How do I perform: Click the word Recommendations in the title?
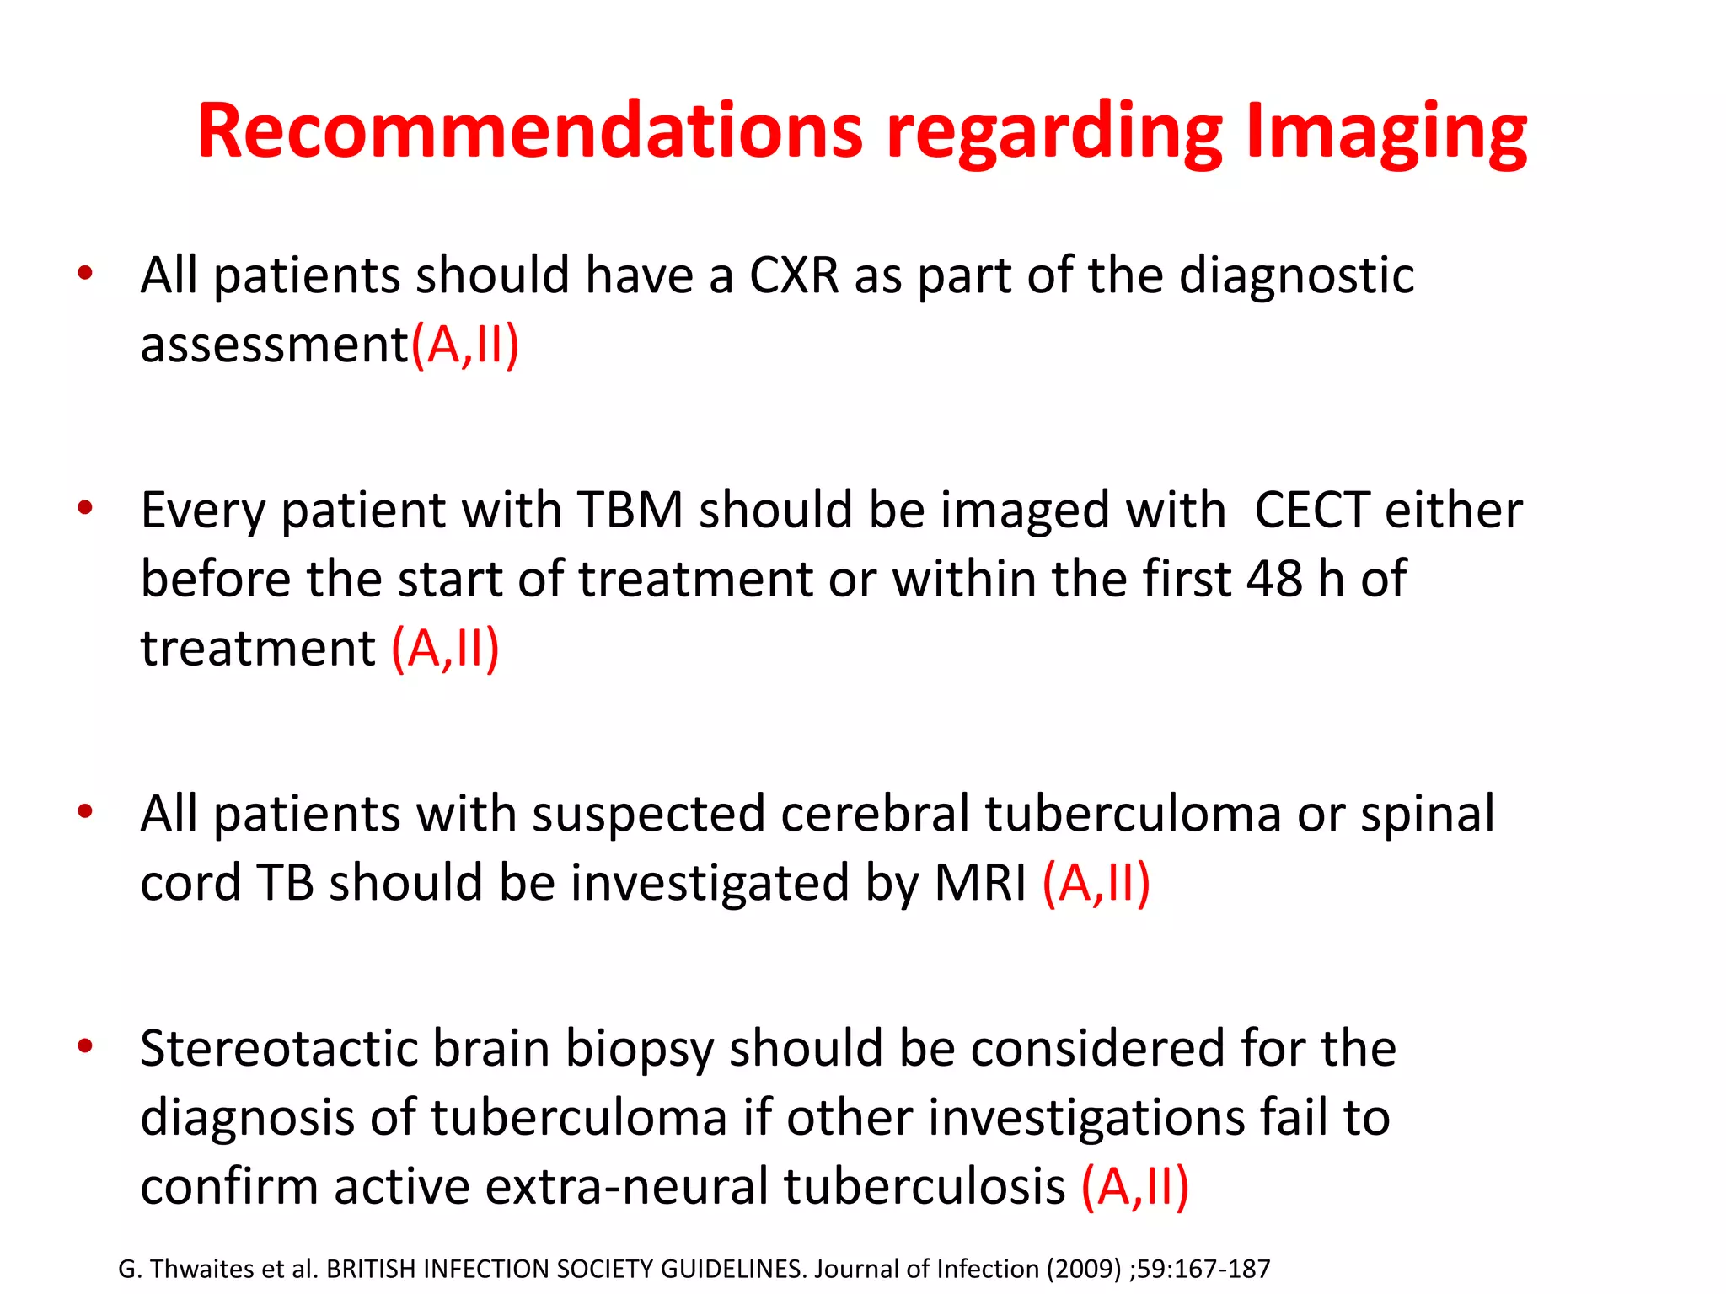tap(530, 131)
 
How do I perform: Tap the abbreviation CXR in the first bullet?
tap(794, 275)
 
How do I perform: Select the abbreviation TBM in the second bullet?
tap(630, 511)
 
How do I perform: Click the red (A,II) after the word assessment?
tap(465, 345)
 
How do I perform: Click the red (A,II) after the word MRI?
tap(1096, 883)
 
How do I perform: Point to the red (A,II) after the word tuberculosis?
tap(1135, 1186)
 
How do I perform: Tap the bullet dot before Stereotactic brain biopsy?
tap(84, 1046)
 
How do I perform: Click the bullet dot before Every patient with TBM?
tap(84, 508)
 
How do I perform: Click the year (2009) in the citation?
tap(1084, 1269)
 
